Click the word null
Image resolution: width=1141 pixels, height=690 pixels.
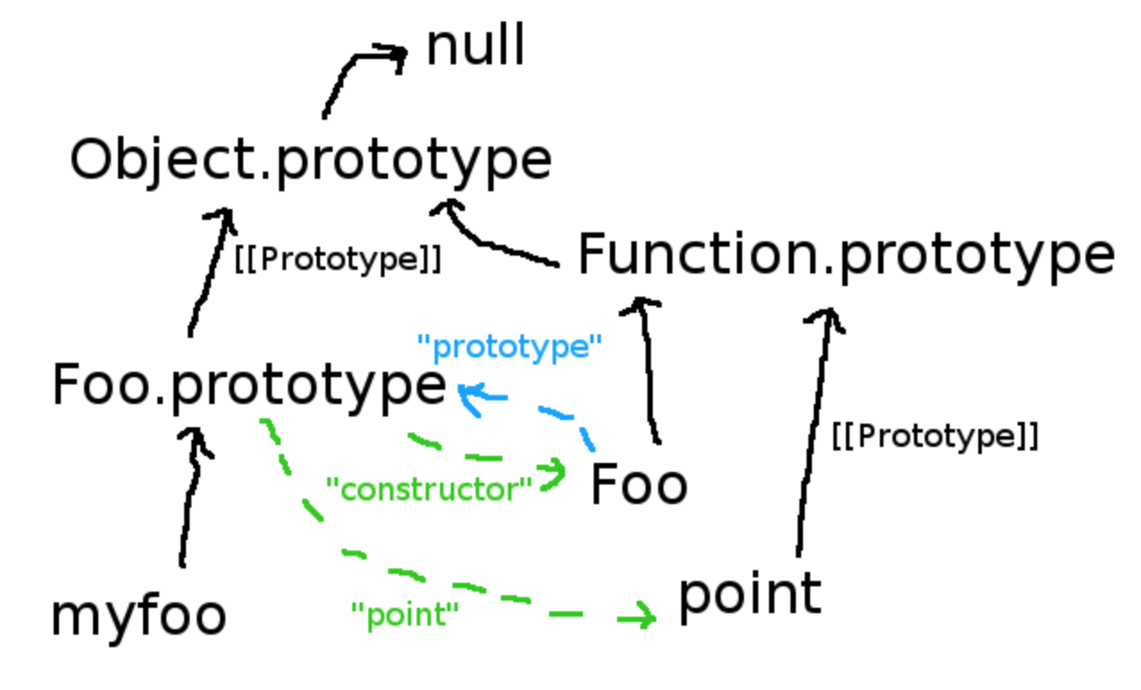pyautogui.click(x=475, y=46)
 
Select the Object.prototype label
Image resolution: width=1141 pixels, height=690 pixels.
pyautogui.click(x=310, y=161)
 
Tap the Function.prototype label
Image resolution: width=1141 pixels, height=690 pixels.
pyautogui.click(x=846, y=255)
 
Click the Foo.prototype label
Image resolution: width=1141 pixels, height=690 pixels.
pyautogui.click(x=249, y=386)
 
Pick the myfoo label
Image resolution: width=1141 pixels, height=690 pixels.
pyautogui.click(x=139, y=616)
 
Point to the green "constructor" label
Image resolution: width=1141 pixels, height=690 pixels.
pyautogui.click(x=429, y=489)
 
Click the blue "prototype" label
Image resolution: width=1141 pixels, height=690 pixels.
pyautogui.click(x=510, y=347)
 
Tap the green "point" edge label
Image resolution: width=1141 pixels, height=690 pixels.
pyautogui.click(x=404, y=614)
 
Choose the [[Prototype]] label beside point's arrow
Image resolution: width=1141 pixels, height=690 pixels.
pyautogui.click(x=934, y=436)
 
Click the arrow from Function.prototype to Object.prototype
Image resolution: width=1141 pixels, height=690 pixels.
pyautogui.click(x=496, y=241)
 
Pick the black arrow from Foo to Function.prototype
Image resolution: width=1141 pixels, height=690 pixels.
pyautogui.click(x=651, y=375)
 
